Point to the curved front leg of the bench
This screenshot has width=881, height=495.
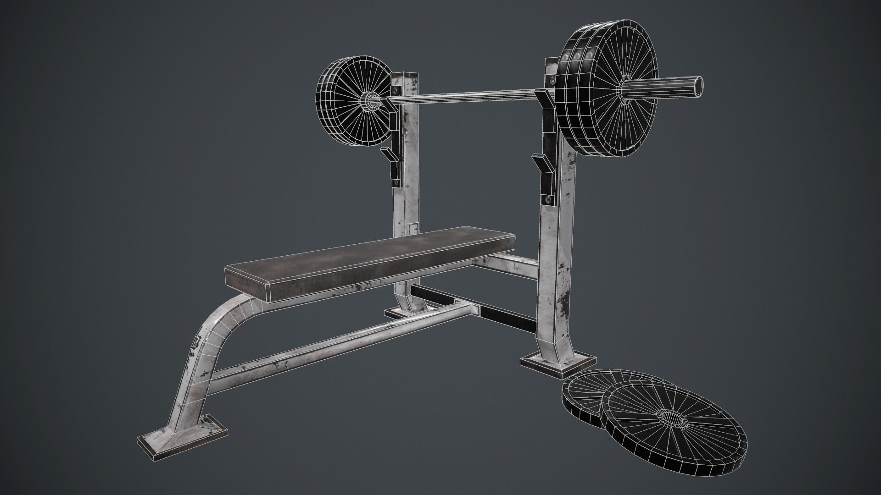(202, 348)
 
